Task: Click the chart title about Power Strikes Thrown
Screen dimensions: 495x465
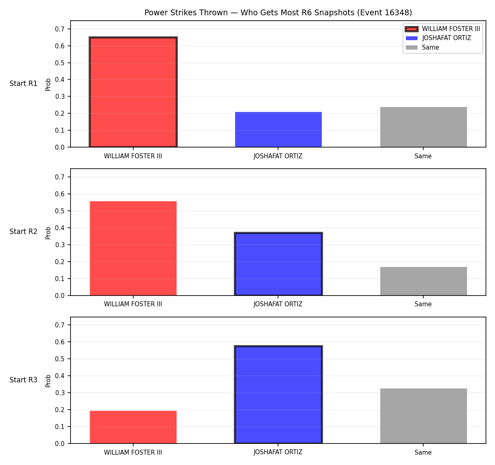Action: tap(278, 12)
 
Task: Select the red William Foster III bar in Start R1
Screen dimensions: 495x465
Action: tap(133, 92)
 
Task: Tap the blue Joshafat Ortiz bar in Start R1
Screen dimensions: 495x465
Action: tap(278, 129)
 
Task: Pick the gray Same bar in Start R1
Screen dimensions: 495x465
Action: tap(423, 127)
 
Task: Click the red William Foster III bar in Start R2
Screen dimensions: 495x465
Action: tap(133, 248)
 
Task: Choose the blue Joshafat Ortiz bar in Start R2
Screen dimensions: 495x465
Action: tap(278, 264)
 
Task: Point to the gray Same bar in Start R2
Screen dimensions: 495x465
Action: tap(423, 281)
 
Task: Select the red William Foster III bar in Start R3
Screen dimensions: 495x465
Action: tap(133, 427)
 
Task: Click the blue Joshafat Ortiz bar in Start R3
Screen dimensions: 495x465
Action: tap(278, 395)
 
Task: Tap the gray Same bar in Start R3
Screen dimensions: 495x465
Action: tap(423, 416)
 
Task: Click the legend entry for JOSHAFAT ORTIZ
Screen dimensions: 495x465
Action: tap(438, 38)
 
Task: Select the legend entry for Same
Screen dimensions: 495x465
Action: tap(422, 47)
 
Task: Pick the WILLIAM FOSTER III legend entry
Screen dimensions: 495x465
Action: tap(443, 29)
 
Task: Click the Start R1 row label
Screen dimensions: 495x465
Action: tap(23, 83)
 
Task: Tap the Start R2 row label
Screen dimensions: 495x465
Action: tap(23, 231)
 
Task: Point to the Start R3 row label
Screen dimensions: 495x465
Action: tap(23, 380)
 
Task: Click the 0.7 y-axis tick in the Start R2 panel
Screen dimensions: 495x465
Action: tap(59, 177)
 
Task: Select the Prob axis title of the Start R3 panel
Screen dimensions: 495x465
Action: tap(48, 381)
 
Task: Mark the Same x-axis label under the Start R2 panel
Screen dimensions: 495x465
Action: tap(423, 304)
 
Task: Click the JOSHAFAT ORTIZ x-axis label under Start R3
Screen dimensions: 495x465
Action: tap(278, 452)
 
